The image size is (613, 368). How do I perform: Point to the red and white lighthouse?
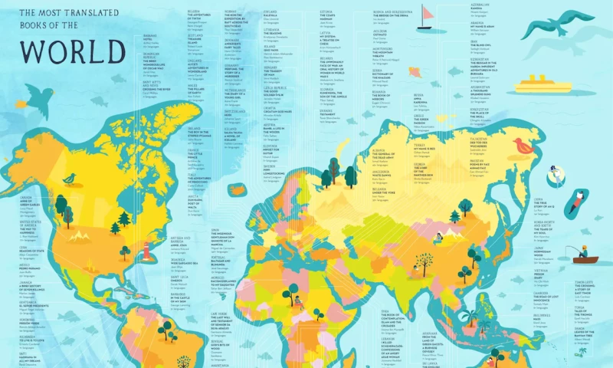[145, 250]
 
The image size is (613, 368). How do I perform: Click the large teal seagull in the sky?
[557, 25]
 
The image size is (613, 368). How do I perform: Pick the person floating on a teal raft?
[575, 201]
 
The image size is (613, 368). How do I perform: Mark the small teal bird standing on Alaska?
[70, 179]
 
